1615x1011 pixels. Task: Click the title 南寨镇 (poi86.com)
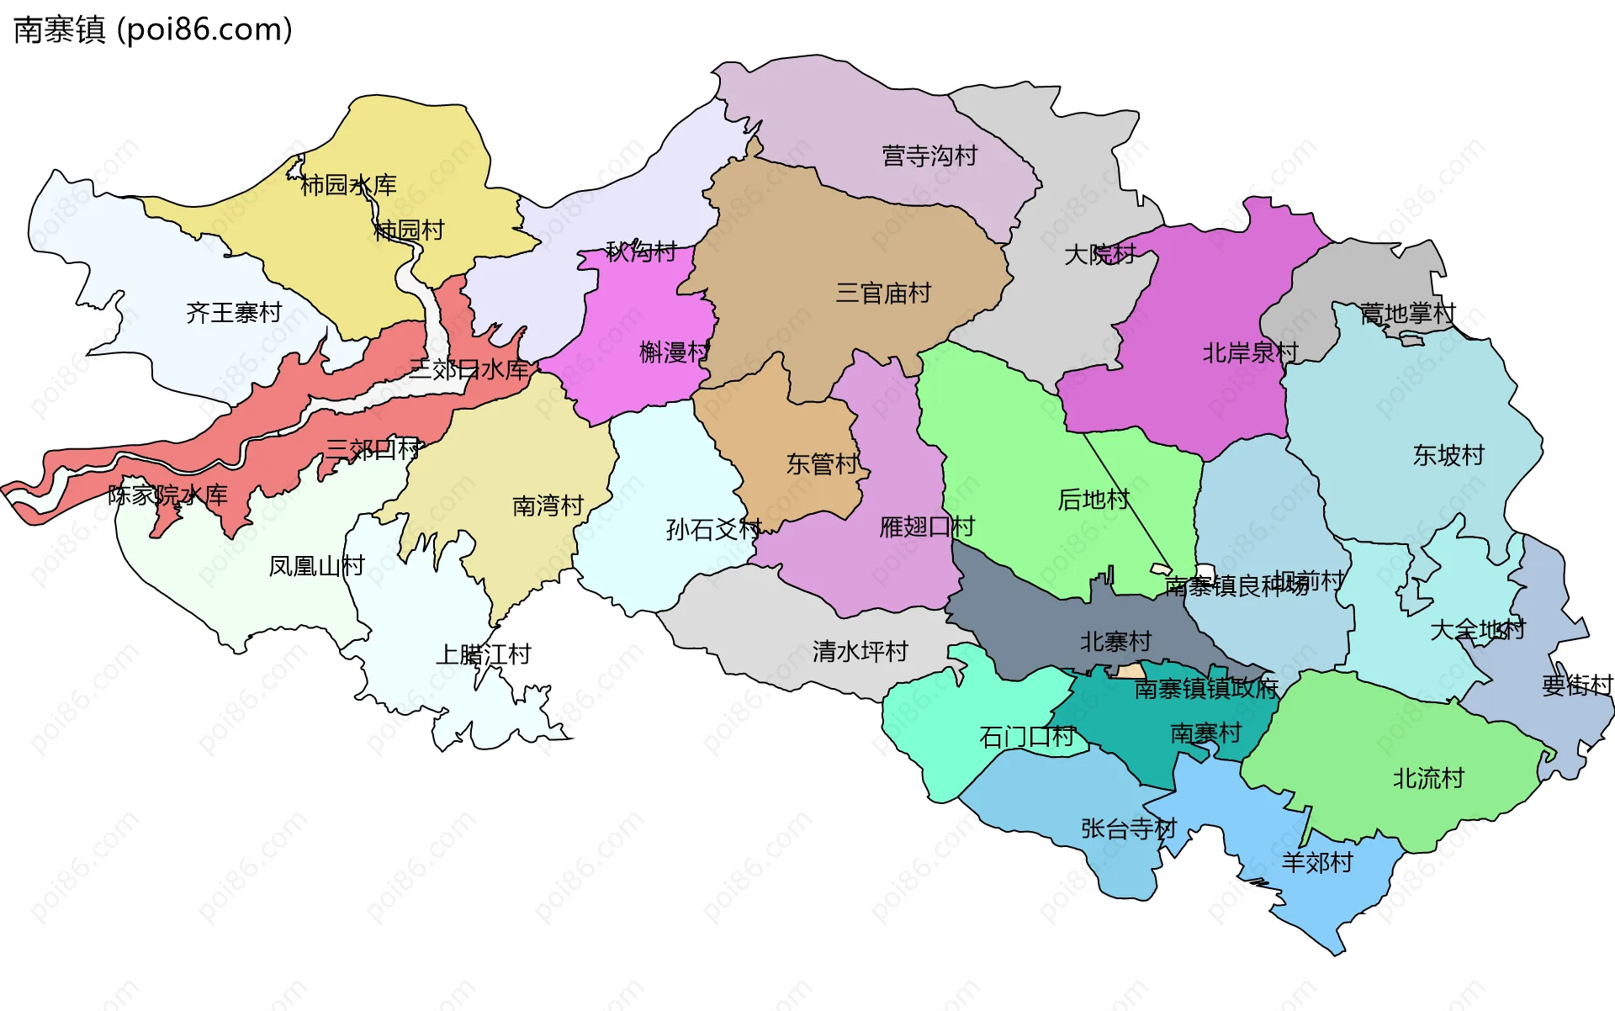point(153,29)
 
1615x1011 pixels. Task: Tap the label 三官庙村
point(883,294)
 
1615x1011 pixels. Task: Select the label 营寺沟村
point(929,156)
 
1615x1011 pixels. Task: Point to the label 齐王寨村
point(234,313)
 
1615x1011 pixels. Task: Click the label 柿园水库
point(348,185)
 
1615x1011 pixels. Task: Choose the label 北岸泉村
point(1250,352)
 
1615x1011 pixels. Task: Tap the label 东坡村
point(1448,455)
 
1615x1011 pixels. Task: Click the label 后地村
point(1093,500)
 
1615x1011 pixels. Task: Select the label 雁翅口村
point(927,527)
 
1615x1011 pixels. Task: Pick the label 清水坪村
point(860,651)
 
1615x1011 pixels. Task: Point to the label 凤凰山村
point(316,566)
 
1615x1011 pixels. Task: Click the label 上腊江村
point(483,654)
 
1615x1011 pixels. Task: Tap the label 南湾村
point(548,505)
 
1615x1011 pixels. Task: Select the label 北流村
point(1428,778)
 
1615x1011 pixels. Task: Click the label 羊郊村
point(1317,862)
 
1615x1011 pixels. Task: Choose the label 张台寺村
point(1129,828)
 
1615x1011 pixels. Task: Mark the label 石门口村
point(1027,738)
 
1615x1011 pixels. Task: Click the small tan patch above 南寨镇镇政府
point(1129,671)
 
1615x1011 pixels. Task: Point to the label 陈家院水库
point(167,495)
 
